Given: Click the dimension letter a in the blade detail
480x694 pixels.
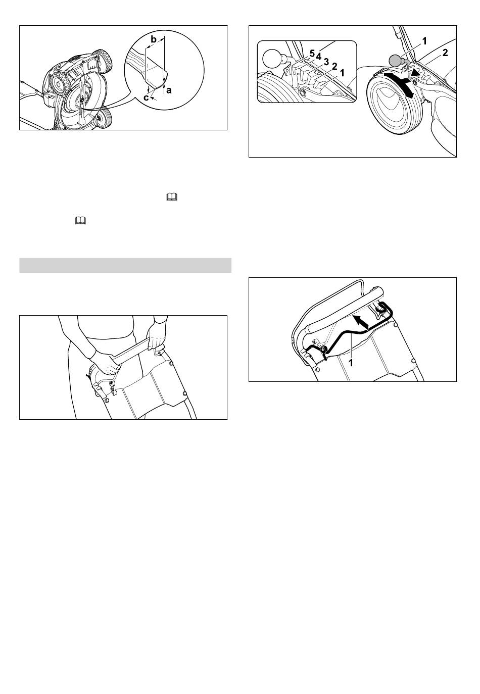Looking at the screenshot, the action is [169, 90].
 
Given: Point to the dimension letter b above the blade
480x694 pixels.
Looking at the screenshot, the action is [153, 40].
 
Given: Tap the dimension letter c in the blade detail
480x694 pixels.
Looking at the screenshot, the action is [146, 98].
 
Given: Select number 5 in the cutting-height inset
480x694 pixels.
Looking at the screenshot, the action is [312, 53].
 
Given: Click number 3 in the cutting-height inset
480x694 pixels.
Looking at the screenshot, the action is [326, 62].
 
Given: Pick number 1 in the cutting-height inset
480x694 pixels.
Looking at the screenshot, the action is [342, 73].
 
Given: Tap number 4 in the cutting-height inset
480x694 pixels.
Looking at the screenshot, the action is [319, 57].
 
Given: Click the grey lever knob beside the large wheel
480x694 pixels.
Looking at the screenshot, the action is [396, 60].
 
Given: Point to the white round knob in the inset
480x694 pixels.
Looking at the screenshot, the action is [271, 58].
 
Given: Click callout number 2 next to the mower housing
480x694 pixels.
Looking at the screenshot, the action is [445, 53].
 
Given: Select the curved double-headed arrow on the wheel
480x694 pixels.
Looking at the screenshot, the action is [400, 85].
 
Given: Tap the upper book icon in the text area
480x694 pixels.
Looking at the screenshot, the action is [172, 197].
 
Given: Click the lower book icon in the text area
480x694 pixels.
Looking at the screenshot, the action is [80, 221].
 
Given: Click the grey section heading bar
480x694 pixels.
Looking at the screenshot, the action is [125, 265].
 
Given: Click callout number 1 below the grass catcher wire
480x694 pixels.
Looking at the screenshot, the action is [351, 363].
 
